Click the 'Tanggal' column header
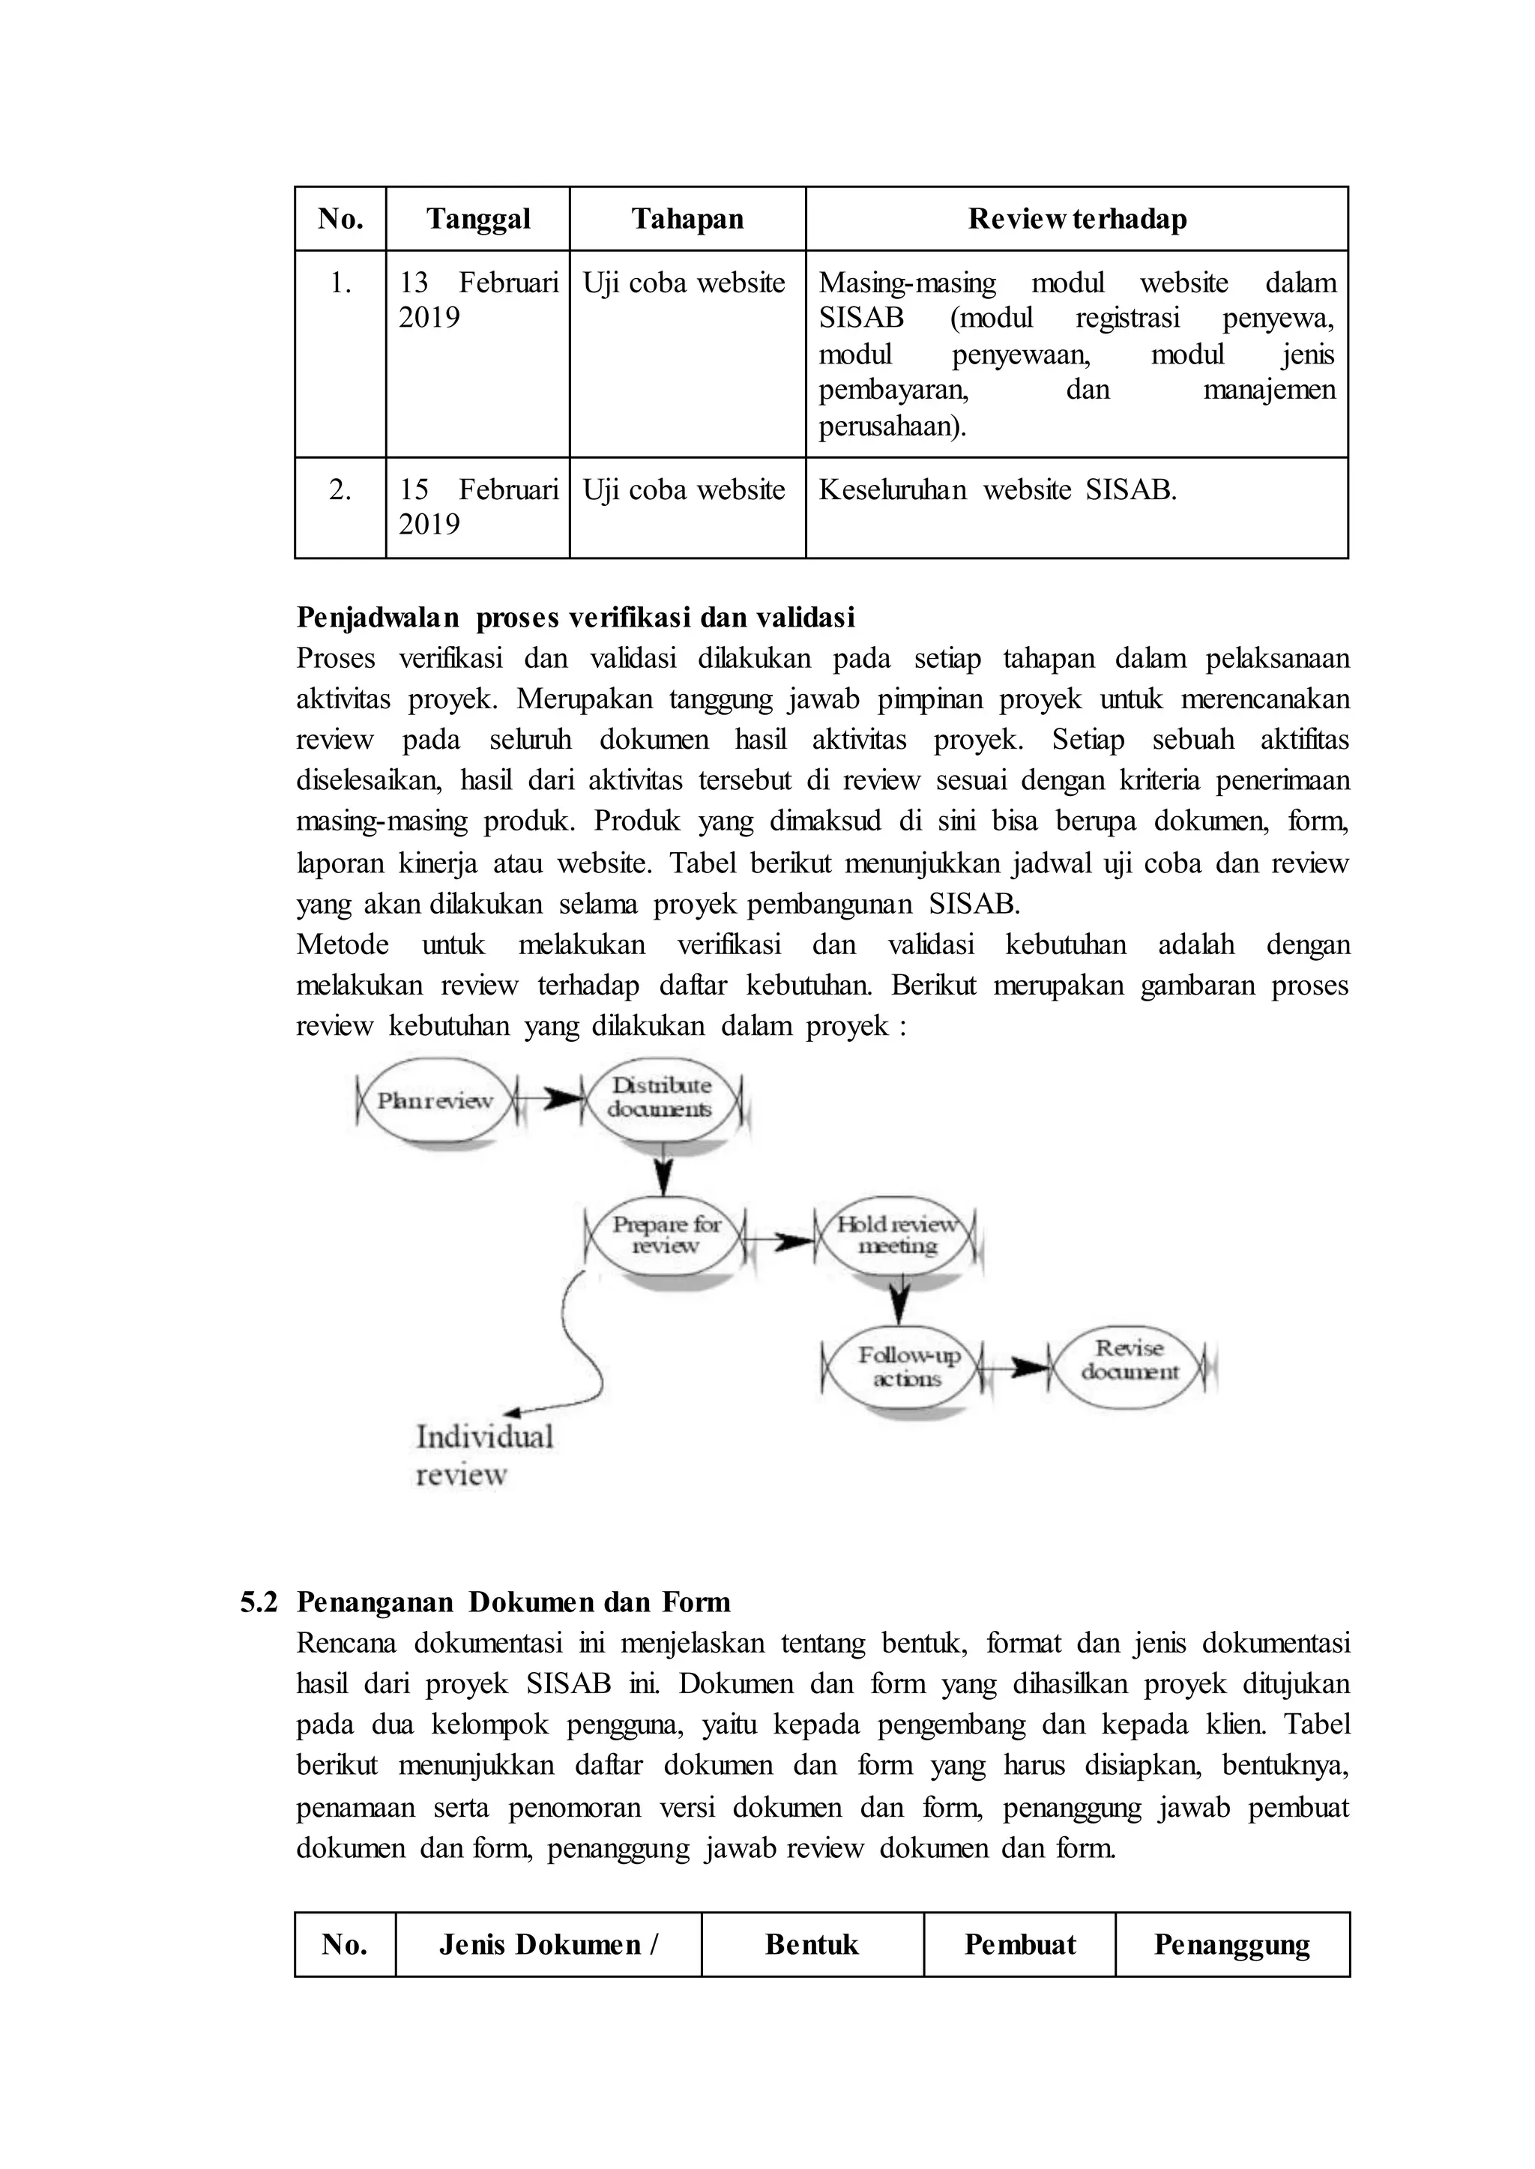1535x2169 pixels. (x=477, y=220)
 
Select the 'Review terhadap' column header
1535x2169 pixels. (x=1076, y=220)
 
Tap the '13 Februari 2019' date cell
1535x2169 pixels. (x=477, y=300)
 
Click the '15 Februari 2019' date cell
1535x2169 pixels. (x=477, y=507)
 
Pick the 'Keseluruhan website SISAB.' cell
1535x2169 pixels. (x=997, y=489)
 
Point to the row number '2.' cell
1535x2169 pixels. (x=340, y=489)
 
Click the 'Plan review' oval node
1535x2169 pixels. (x=435, y=1100)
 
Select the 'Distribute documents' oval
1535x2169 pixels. (x=660, y=1098)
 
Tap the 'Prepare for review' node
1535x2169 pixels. (x=666, y=1235)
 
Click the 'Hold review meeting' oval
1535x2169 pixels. (x=897, y=1235)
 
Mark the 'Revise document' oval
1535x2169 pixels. (x=1130, y=1361)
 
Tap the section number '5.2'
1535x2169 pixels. (x=259, y=1602)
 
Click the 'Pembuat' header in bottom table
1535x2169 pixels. (x=1020, y=1944)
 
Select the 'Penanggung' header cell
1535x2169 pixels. (x=1231, y=1944)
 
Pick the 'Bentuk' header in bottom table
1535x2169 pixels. (x=812, y=1944)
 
